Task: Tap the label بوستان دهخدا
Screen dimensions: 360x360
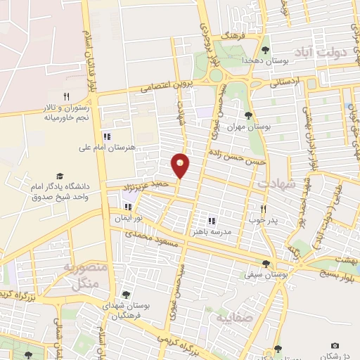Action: coord(243,61)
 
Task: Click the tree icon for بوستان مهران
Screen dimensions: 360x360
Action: coord(247,115)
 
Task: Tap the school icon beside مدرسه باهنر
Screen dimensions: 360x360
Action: coord(212,220)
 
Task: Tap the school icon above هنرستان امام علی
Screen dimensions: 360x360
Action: coord(107,136)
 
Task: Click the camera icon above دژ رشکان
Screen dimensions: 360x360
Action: coord(335,346)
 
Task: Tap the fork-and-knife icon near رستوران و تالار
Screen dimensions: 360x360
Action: coord(67,96)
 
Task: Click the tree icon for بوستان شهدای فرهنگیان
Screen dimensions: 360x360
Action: coord(126,295)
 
